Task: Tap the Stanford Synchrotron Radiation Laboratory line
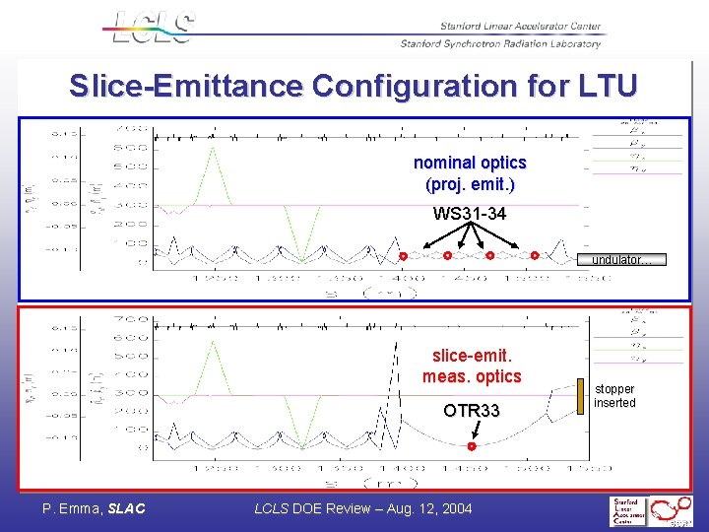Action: tap(500, 43)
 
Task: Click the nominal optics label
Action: tap(470, 163)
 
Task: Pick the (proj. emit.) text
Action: tap(470, 184)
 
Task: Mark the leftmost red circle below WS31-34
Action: tap(403, 256)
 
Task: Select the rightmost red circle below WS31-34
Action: tap(535, 255)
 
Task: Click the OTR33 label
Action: tap(471, 411)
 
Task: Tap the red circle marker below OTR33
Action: tap(472, 446)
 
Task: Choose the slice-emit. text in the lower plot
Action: tap(472, 356)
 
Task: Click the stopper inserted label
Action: tap(615, 396)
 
